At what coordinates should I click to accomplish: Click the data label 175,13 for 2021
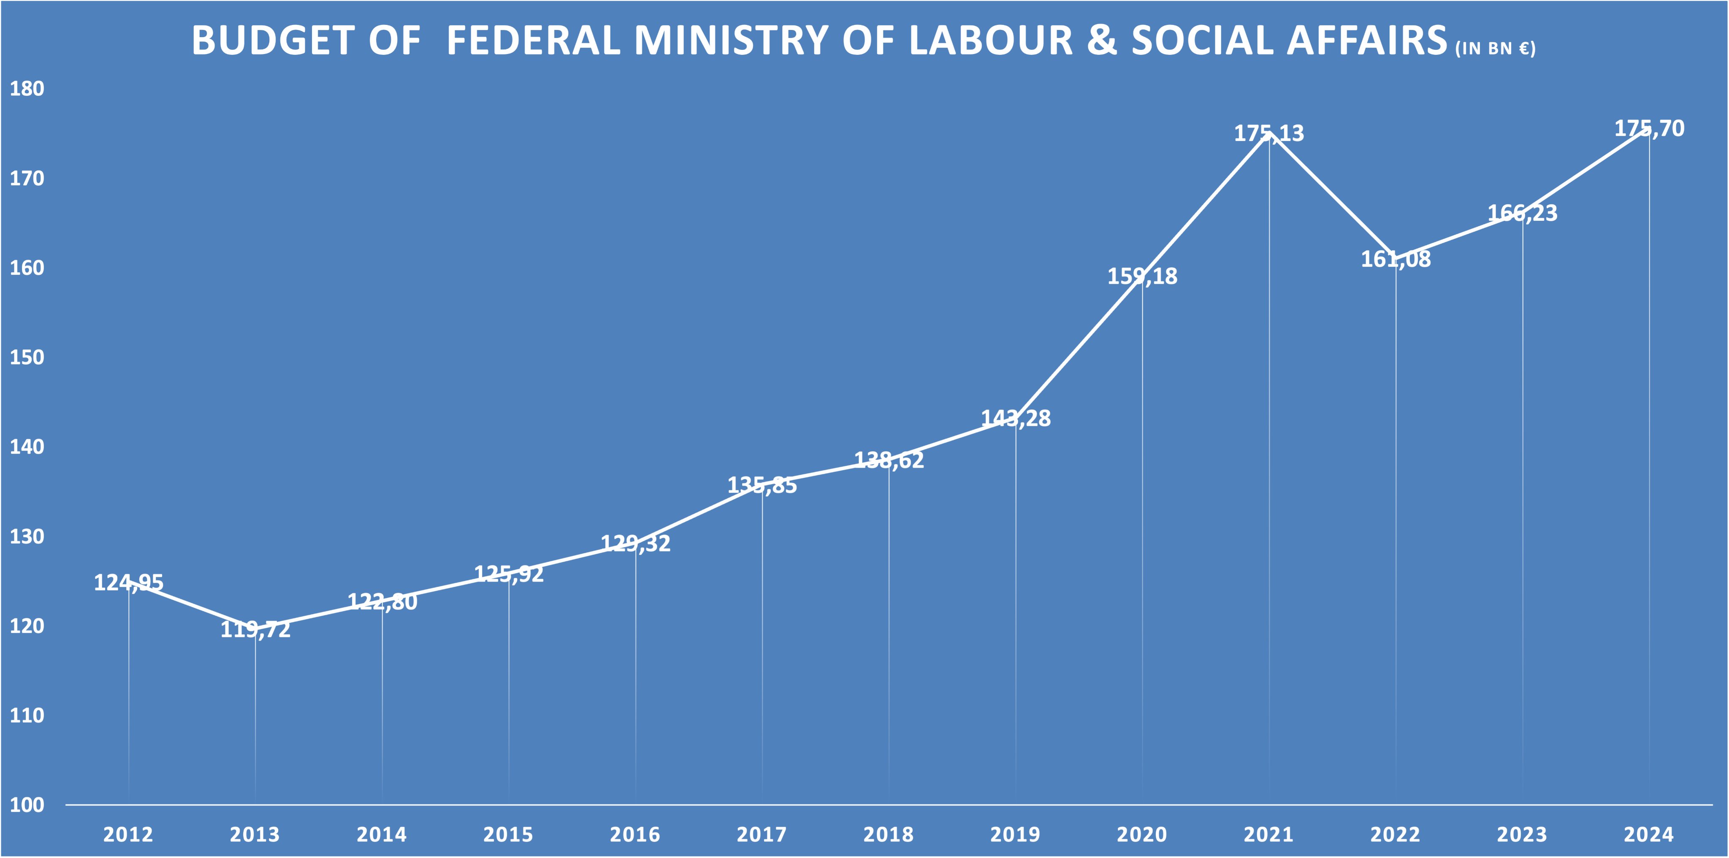click(x=1268, y=133)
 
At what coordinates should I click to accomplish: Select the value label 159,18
click(x=1142, y=276)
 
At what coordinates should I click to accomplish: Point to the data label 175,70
click(x=1649, y=128)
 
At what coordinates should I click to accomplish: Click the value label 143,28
click(x=1016, y=419)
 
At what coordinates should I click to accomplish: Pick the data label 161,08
click(x=1396, y=259)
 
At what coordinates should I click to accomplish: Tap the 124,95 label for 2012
click(x=128, y=582)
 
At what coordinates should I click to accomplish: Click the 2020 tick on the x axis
click(x=1142, y=834)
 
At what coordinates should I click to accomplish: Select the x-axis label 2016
click(x=635, y=834)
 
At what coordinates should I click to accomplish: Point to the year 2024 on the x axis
click(x=1648, y=834)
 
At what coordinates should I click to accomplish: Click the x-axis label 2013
click(x=255, y=834)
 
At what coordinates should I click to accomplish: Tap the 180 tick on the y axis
click(x=27, y=89)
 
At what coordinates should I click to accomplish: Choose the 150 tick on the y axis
click(x=27, y=357)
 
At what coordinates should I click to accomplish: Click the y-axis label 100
click(x=27, y=805)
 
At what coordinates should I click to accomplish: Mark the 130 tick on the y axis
click(x=27, y=537)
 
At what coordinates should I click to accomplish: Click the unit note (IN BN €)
click(x=1495, y=48)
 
